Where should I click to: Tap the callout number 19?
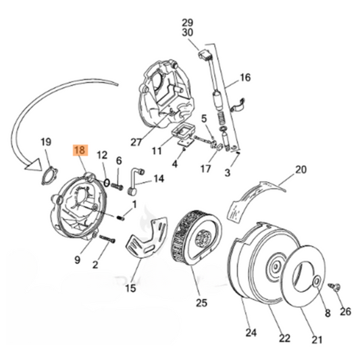(x=45, y=143)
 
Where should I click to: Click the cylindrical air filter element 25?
(x=197, y=236)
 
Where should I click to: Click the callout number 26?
(x=346, y=311)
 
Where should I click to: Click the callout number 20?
(x=301, y=170)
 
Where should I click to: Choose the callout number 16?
(x=244, y=78)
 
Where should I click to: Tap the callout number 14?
(x=159, y=179)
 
